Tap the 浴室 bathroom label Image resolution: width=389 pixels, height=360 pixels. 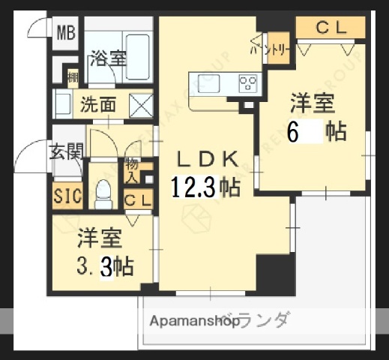coord(108,58)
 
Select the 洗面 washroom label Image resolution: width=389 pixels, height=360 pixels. coord(98,104)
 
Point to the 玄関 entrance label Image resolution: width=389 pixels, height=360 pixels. coord(66,152)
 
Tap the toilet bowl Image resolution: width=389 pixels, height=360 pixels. coord(103,195)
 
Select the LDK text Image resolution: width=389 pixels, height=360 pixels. coord(208,158)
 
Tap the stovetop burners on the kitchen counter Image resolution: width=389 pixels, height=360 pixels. coord(248,82)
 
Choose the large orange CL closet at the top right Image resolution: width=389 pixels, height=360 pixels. coord(330,28)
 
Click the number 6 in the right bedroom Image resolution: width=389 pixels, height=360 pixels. coord(293,131)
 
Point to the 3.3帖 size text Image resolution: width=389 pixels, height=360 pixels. coord(106,265)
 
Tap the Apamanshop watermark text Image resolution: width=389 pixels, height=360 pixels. coord(193,322)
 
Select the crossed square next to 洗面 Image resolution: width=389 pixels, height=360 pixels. coord(140,104)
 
